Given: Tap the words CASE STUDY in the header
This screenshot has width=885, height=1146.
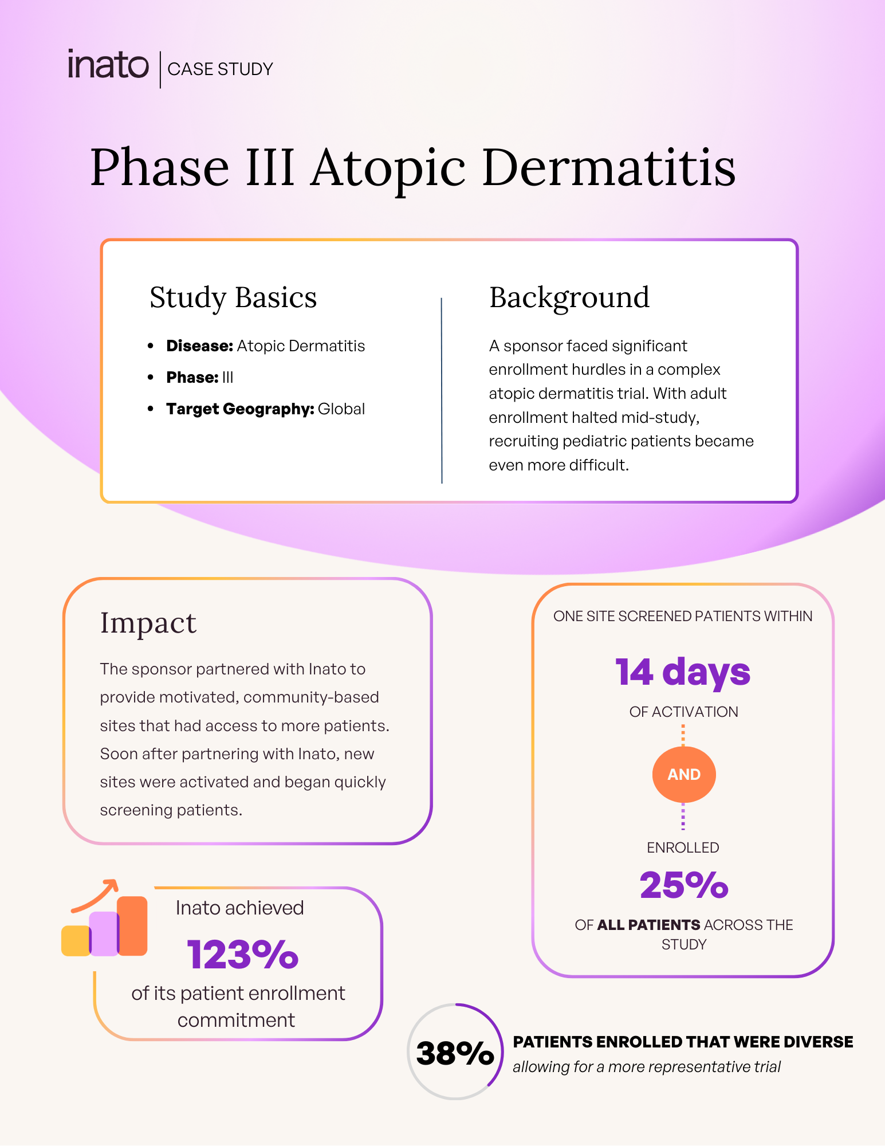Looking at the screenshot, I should tap(221, 69).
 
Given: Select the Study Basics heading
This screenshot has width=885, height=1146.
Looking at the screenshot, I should tap(233, 297).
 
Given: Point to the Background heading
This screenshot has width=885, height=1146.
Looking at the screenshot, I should tap(569, 297).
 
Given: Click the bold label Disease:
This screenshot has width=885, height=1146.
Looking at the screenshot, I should tap(199, 346).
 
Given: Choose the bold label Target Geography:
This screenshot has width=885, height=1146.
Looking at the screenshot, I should tap(239, 409).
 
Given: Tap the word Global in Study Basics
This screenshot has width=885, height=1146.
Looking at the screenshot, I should tap(341, 409).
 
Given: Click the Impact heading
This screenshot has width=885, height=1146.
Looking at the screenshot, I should tap(148, 623).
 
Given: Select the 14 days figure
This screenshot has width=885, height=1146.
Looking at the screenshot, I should tap(683, 672).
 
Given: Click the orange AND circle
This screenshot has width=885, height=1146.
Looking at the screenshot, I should tap(684, 775).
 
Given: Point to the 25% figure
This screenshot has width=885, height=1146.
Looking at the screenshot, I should tap(684, 885).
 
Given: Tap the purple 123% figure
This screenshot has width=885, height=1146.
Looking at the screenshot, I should tap(243, 955).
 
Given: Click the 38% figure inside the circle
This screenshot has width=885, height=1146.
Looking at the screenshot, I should tap(455, 1053).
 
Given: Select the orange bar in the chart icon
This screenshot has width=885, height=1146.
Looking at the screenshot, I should tap(133, 925).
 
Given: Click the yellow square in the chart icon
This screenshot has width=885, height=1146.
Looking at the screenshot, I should tap(75, 941).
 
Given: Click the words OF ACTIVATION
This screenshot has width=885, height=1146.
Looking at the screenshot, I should tap(683, 712).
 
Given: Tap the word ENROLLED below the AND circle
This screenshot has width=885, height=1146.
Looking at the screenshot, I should tap(683, 847).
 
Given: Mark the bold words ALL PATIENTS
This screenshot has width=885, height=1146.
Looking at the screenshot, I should tap(648, 925).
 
